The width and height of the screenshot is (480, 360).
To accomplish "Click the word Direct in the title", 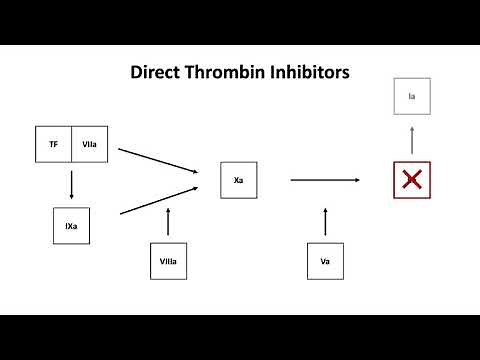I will click(157, 73).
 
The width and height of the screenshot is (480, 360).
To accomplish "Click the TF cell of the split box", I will click(53, 144).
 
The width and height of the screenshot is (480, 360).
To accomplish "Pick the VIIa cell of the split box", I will click(90, 144).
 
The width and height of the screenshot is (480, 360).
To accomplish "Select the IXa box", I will click(71, 226).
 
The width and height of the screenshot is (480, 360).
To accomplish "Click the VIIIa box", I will click(168, 261).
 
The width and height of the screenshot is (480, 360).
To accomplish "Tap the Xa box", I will click(238, 180).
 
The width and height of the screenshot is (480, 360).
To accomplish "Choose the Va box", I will click(325, 261).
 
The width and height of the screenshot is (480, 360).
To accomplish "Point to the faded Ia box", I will click(411, 96).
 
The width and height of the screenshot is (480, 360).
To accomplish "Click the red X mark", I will click(410, 180).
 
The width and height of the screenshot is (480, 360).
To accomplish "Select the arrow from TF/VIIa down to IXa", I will click(71, 184).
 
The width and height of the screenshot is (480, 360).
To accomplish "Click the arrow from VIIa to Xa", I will click(157, 161).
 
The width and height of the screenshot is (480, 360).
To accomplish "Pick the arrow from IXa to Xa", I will click(157, 200).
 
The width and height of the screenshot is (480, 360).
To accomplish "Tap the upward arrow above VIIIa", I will click(168, 221).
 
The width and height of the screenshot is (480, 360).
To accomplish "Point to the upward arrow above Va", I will click(325, 221).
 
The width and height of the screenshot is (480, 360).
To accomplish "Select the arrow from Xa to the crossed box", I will click(325, 180).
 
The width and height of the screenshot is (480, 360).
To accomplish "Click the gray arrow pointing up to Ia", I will click(410, 138).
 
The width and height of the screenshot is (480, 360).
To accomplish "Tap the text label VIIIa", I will click(168, 261).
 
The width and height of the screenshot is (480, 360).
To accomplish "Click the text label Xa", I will click(238, 180).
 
